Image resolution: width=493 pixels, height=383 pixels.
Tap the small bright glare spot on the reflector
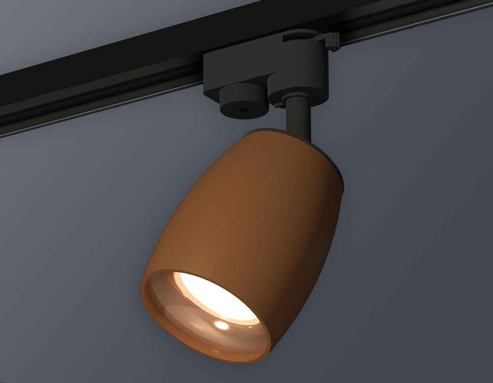pos(222,325)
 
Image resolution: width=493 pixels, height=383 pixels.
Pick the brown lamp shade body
pos(256,207)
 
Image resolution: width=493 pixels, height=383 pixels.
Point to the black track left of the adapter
pos(99,84)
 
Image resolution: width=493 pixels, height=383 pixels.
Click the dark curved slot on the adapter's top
pos(301,39)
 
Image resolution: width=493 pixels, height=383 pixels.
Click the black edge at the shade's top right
pos(338,172)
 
